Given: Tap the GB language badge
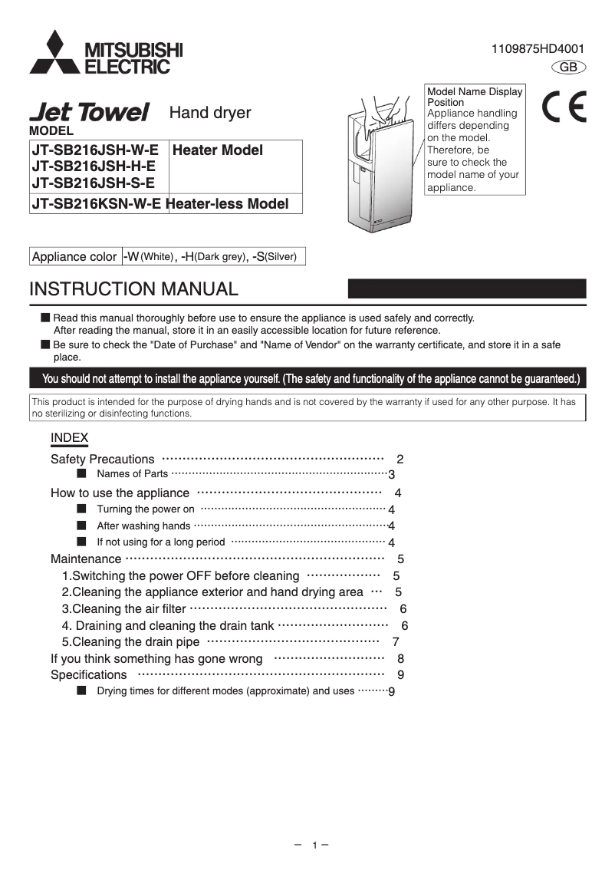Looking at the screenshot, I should (568, 68).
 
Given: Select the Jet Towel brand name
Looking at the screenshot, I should (89, 113).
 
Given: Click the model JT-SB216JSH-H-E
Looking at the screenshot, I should (94, 166).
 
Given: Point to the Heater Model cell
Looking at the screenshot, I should (217, 150).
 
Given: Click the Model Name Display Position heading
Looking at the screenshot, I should (474, 97).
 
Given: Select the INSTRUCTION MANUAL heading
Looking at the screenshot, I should (133, 289).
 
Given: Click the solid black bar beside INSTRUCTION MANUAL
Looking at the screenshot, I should (467, 288).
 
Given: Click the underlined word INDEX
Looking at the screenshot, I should (69, 437).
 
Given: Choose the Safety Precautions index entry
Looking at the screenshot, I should (102, 459).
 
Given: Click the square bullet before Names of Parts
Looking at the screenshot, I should (81, 473).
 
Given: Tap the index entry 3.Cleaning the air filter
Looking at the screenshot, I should (123, 608).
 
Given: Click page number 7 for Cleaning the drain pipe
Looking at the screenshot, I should (395, 641).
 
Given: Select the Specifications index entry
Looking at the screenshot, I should (88, 674).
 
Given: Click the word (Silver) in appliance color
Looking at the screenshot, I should (281, 256).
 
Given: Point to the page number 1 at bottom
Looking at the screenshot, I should (314, 845).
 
